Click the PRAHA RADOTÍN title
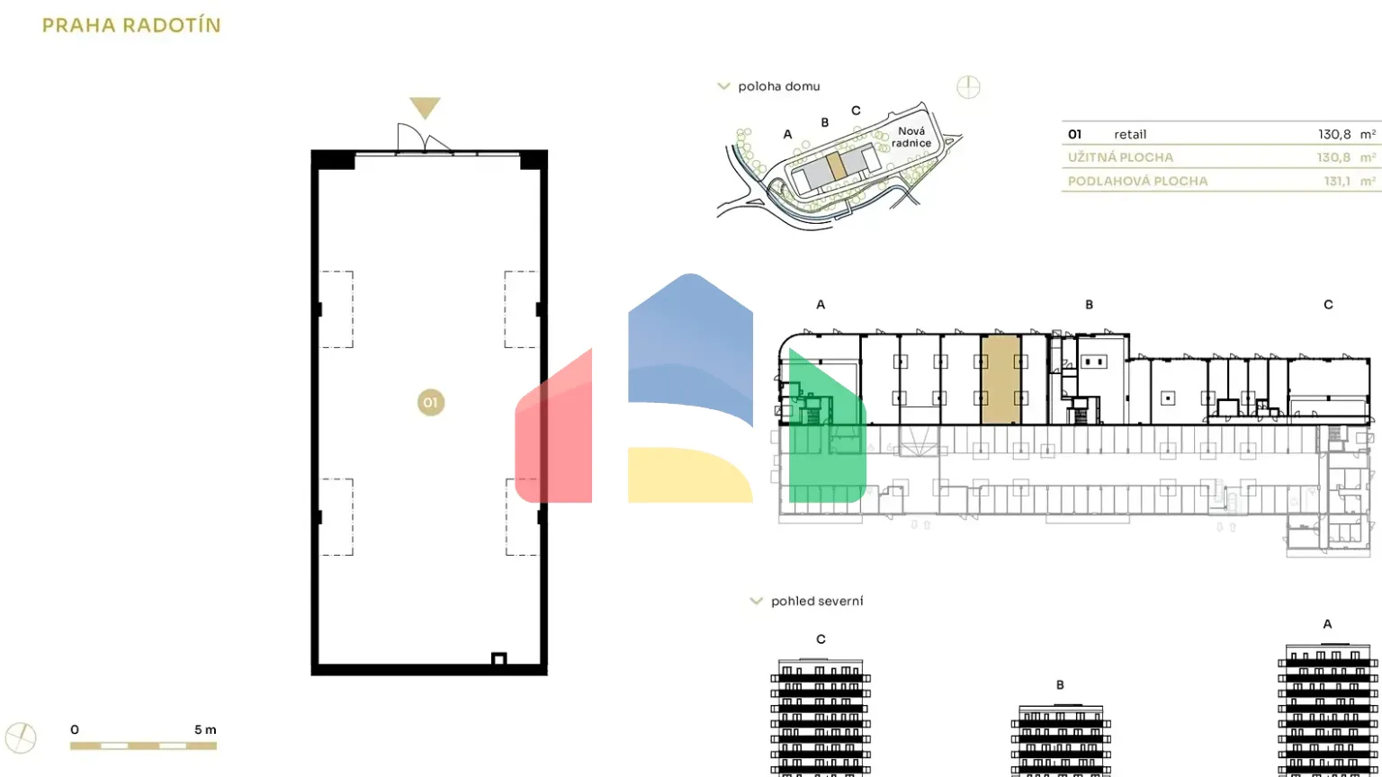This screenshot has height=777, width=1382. pyautogui.click(x=131, y=25)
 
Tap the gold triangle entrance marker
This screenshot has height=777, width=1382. pyautogui.click(x=425, y=108)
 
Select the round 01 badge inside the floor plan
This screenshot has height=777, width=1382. pyautogui.click(x=430, y=402)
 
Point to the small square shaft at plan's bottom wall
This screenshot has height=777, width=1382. pyautogui.click(x=498, y=659)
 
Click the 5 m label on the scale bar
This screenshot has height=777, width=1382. pyautogui.click(x=205, y=729)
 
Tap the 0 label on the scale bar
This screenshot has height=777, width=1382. pyautogui.click(x=75, y=729)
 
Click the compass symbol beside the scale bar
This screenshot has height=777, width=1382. pyautogui.click(x=21, y=738)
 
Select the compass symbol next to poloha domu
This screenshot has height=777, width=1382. pyautogui.click(x=968, y=87)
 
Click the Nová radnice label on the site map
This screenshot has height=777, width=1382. pyautogui.click(x=911, y=138)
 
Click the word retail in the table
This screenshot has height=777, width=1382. pyautogui.click(x=1130, y=134)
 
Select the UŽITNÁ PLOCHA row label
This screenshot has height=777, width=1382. pyautogui.click(x=1120, y=157)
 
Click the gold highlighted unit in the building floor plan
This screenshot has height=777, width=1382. pyautogui.click(x=1001, y=378)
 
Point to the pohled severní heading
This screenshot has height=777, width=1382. pyautogui.click(x=816, y=601)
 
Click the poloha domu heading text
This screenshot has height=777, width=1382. pyautogui.click(x=778, y=86)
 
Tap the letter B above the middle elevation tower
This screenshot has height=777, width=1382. pyautogui.click(x=1060, y=685)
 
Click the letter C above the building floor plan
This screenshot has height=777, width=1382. pyautogui.click(x=1328, y=305)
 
